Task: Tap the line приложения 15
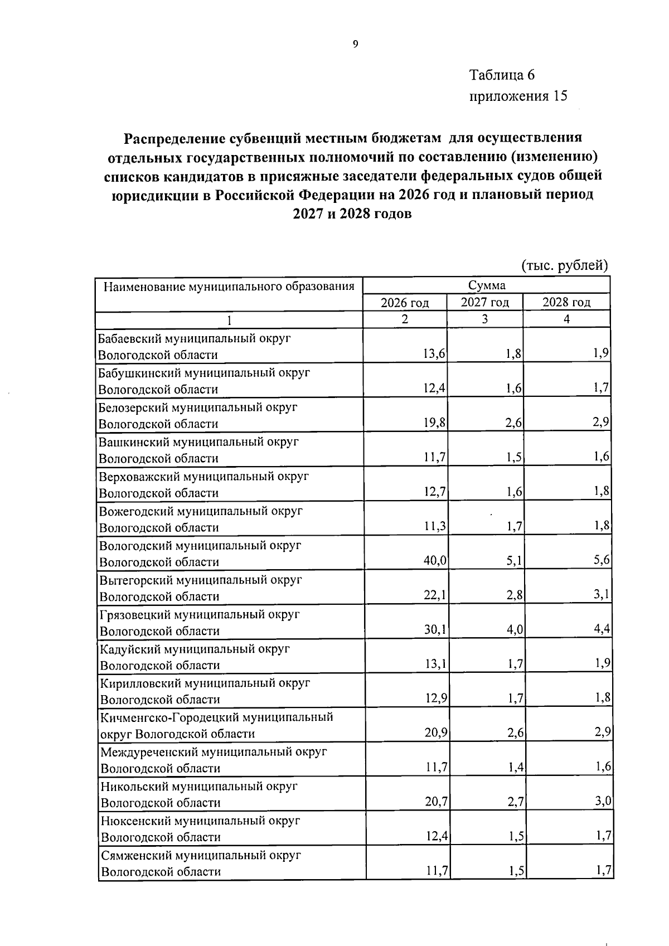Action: pyautogui.click(x=518, y=96)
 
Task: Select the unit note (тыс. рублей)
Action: pyautogui.click(x=564, y=265)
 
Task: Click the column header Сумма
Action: pyautogui.click(x=487, y=285)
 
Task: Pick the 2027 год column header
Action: pyautogui.click(x=484, y=303)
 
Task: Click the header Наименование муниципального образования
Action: pyautogui.click(x=229, y=287)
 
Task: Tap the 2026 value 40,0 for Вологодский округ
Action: pyautogui.click(x=435, y=561)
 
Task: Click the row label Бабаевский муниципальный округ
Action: pyautogui.click(x=195, y=338)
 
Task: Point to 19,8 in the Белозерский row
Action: pyautogui.click(x=434, y=423)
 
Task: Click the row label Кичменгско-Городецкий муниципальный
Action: pyautogui.click(x=216, y=717)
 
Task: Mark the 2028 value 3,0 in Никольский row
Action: pyautogui.click(x=603, y=802)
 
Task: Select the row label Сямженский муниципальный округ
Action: pyautogui.click(x=201, y=855)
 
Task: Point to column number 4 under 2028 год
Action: pyautogui.click(x=566, y=319)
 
